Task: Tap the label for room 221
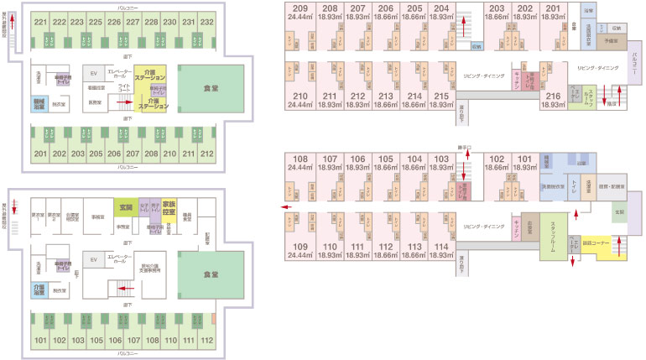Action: click(39, 22)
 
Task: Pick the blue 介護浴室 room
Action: click(39, 290)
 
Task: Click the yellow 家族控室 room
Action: click(169, 207)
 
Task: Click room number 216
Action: click(551, 97)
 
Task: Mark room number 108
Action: click(300, 159)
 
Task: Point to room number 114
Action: click(440, 246)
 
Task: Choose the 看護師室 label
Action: click(96, 86)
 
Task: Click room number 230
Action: click(169, 22)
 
